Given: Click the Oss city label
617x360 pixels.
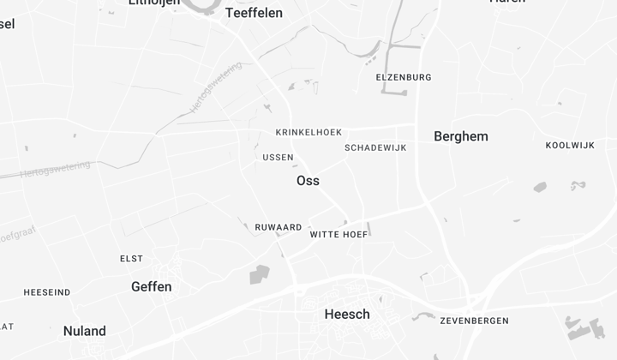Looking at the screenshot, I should [308, 181].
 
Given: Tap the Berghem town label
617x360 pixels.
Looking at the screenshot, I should [461, 136].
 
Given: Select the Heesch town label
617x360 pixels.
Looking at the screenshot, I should [347, 315].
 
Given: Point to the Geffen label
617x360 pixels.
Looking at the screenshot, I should [152, 287].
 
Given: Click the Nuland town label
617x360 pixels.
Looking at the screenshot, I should [85, 331].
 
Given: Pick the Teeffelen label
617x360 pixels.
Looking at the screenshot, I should [254, 13].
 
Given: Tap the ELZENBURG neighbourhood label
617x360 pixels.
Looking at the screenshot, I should [404, 77].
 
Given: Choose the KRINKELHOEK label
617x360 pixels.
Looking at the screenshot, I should [308, 132].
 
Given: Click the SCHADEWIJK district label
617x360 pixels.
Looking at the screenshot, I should [375, 147].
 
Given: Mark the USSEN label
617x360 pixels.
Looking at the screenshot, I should [278, 158].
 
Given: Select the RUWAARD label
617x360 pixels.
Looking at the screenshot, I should [279, 227].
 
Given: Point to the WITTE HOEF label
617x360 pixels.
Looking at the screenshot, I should [338, 234].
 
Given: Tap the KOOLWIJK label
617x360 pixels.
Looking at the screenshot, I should [570, 145].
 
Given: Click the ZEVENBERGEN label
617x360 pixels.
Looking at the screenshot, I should [474, 321].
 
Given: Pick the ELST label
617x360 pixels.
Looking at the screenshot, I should [131, 259].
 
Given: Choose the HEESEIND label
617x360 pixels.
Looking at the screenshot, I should [47, 292].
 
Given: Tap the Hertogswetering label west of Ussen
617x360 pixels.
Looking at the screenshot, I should [55, 169].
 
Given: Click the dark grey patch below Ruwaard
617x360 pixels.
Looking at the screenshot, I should [259, 274].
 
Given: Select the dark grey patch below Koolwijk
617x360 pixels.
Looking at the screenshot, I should [540, 187].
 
